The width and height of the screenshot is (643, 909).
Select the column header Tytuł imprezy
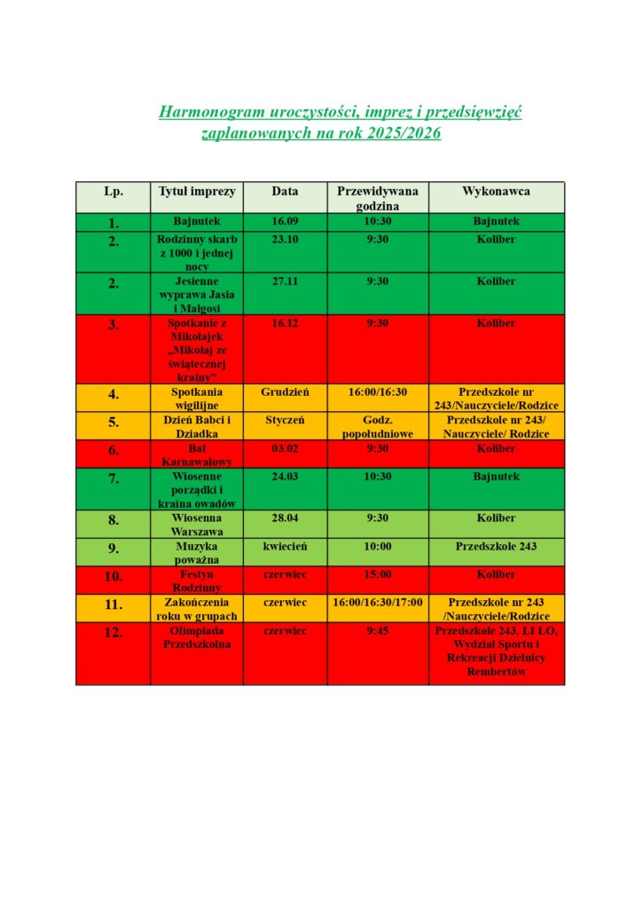coord(196,192)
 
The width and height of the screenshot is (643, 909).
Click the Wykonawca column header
coord(496,192)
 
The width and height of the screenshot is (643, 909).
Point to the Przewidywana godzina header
coord(378,198)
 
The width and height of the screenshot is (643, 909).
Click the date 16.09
coord(285,221)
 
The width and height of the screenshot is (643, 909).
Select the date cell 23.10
coord(285,240)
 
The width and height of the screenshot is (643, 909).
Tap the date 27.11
coord(285,281)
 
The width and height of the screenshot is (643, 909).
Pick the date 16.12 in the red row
coord(285,323)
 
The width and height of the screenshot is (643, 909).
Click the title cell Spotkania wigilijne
coord(197,398)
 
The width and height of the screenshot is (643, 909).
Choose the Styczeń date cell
coord(285,419)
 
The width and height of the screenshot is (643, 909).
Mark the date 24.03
coord(285,477)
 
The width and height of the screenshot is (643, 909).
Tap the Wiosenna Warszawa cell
coord(197,525)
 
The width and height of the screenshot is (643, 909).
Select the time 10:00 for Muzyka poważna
coord(378,547)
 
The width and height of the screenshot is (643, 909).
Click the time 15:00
coord(378,574)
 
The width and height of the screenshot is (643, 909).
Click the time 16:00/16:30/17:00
coord(378,602)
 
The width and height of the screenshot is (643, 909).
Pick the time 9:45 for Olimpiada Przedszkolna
coord(378,632)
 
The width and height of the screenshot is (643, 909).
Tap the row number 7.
coord(114,479)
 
